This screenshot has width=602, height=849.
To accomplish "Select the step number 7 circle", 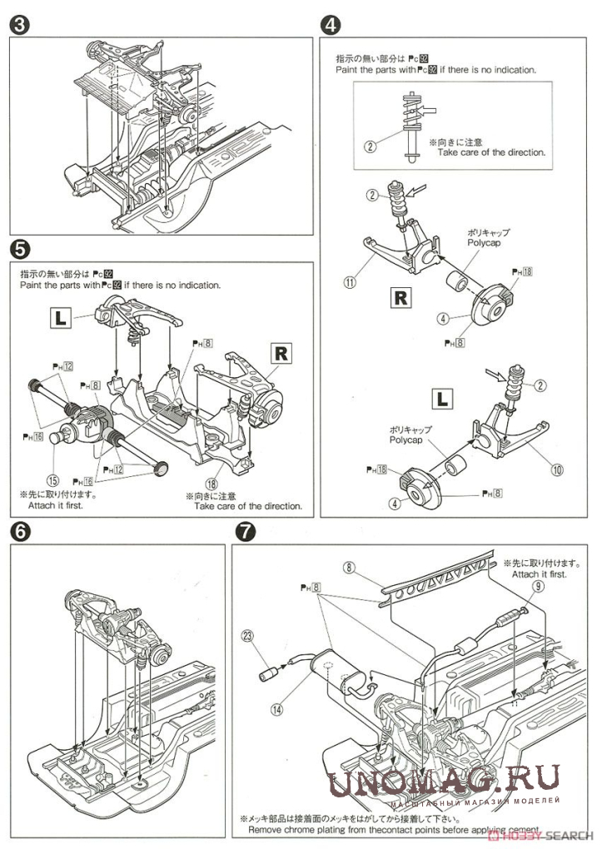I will point(245,530).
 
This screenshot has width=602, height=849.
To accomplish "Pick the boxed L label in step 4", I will point(442,398).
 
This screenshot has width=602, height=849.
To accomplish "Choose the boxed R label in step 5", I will point(282,352).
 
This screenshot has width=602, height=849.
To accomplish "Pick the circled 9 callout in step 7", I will point(539,586).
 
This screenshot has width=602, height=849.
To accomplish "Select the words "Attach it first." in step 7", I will point(539,574).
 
